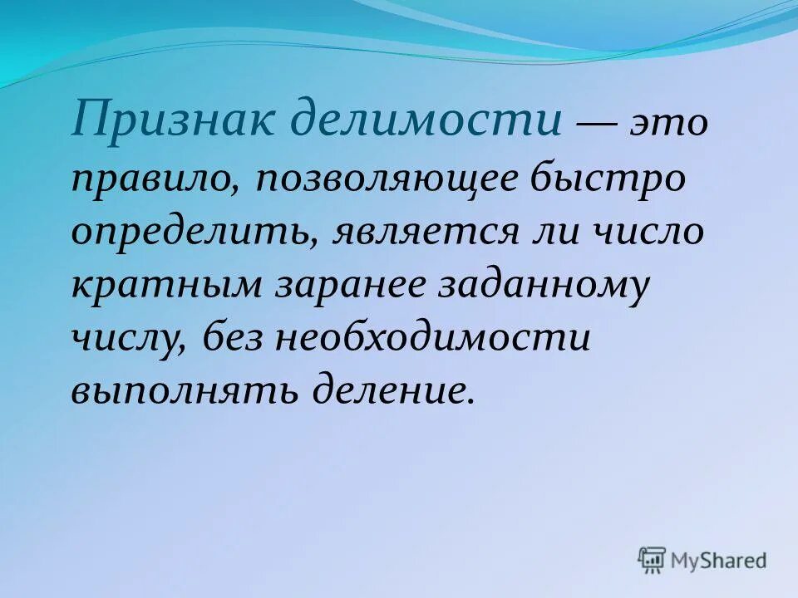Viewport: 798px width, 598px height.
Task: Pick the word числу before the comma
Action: [126, 339]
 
